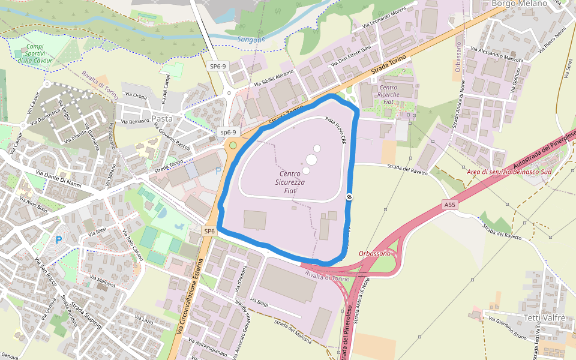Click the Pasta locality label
(x=162, y=119)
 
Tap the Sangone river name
(x=251, y=40)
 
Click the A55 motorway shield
(x=450, y=205)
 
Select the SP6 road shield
(x=209, y=231)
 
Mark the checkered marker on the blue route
(x=349, y=197)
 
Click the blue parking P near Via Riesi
(x=59, y=240)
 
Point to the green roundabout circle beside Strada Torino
(x=233, y=145)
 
